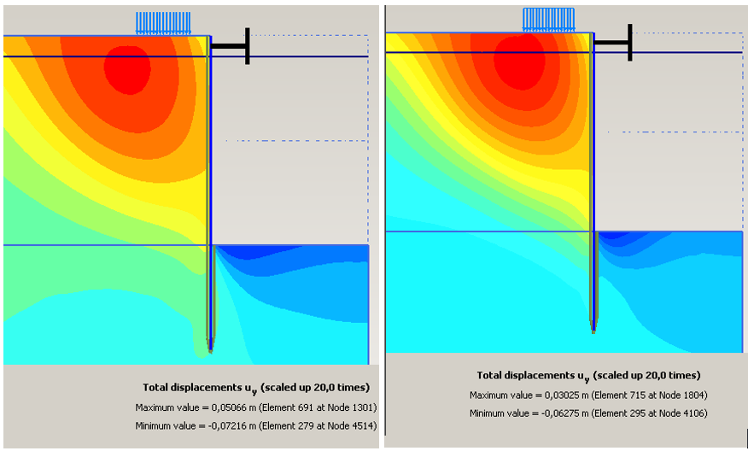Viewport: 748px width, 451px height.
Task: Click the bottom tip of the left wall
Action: coord(210,350)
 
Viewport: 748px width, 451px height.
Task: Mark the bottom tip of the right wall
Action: coord(593,330)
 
